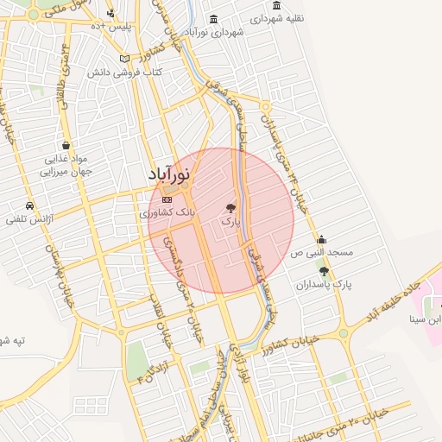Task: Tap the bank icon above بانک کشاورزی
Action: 167,199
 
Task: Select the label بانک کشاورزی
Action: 168,212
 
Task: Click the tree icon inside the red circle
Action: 230,208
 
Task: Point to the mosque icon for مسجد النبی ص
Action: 322,240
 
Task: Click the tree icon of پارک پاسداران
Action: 324,271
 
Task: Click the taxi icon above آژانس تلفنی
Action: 30,206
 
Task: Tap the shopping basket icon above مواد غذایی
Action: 66,146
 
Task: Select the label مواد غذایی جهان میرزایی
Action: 67,165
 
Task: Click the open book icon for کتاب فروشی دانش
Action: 125,59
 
